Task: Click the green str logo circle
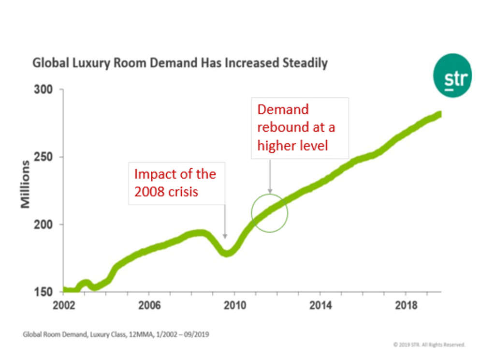[452, 75]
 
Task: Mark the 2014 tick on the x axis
[320, 305]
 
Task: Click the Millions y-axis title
[25, 184]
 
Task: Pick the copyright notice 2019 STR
[429, 345]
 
